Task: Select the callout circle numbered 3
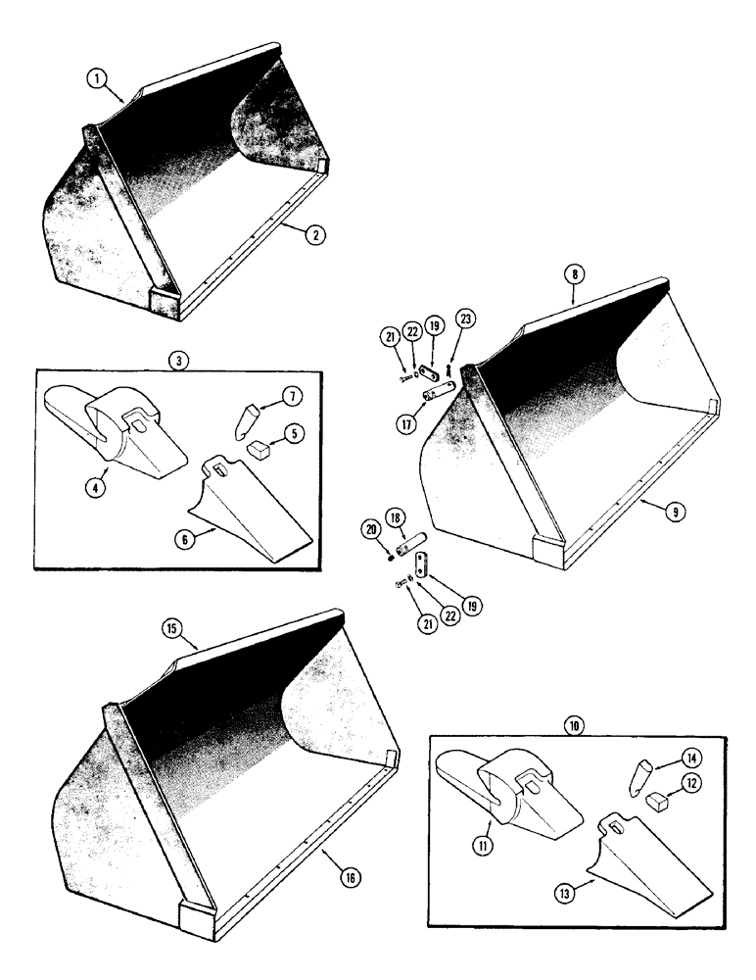click(177, 360)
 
